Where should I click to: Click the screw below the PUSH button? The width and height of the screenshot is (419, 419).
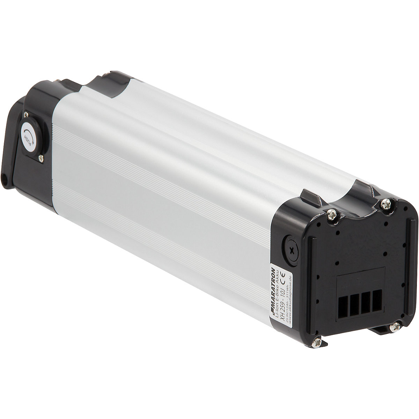pyautogui.click(x=41, y=159)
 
